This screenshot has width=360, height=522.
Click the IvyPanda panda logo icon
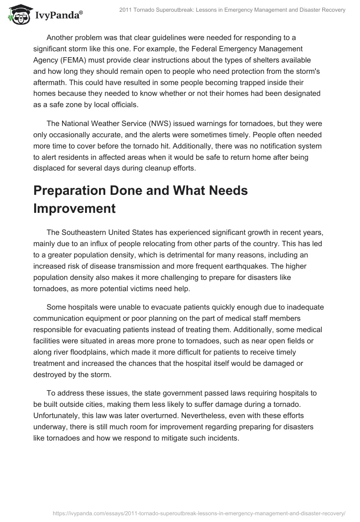tap(18, 14)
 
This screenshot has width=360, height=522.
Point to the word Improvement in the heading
tap(74, 209)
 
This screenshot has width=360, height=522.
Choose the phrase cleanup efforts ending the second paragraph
tap(174, 168)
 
